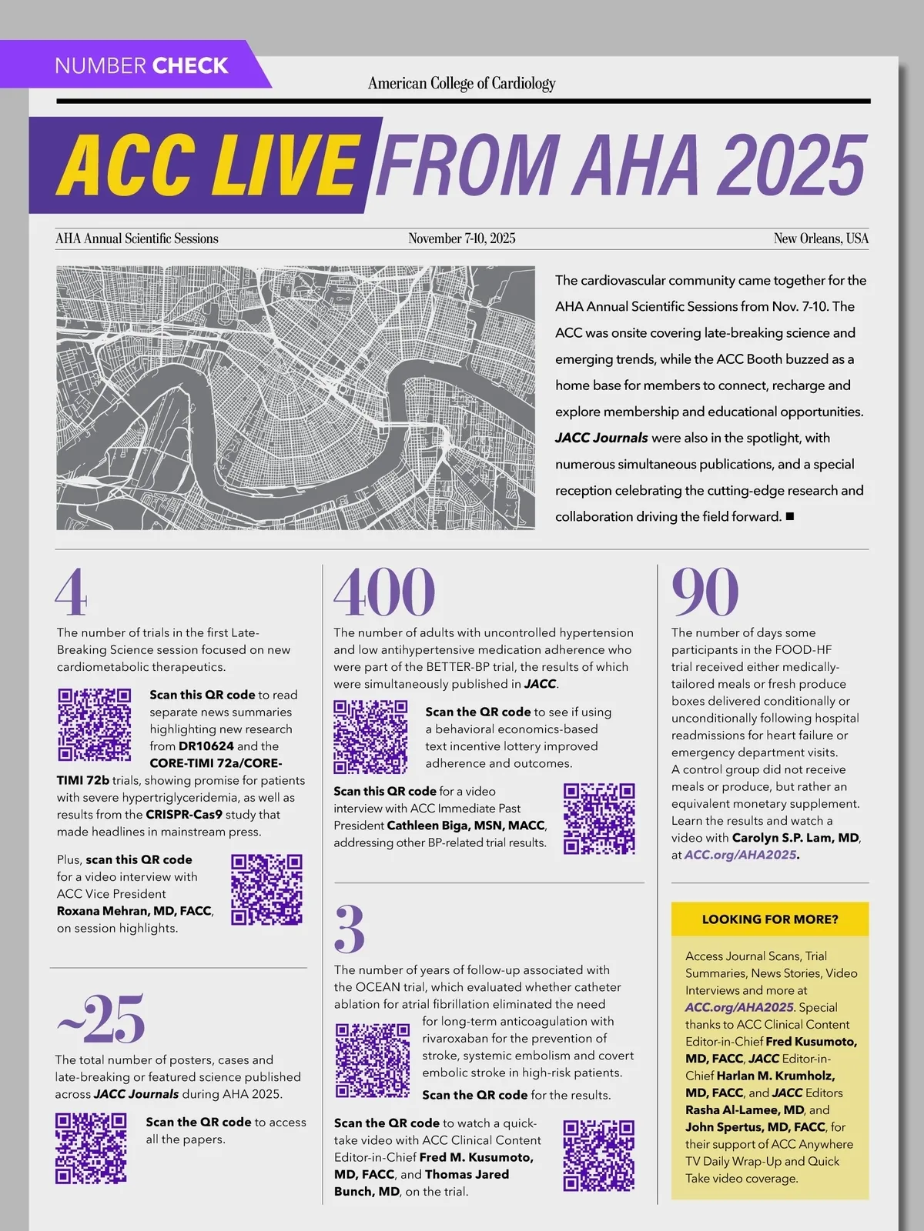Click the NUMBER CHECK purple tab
[142, 65]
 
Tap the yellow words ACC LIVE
[206, 165]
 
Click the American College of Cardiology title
[461, 83]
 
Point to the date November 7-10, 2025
[462, 239]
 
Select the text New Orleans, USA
[821, 239]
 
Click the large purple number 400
[384, 592]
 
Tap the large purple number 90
[705, 592]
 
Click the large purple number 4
[71, 592]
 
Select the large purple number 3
[349, 929]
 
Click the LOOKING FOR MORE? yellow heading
[770, 919]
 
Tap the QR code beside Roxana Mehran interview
[266, 889]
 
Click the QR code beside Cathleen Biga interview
[599, 819]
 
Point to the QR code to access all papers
[91, 1148]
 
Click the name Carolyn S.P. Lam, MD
[795, 838]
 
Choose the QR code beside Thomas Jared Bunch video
[599, 1156]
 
